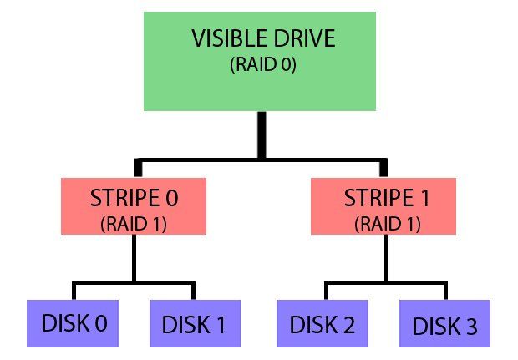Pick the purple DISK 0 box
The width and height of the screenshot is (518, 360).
pos(73,322)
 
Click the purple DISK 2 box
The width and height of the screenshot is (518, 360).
pos(322,322)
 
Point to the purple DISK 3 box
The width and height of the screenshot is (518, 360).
pos(446,323)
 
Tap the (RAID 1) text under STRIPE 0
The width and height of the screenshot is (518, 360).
pos(135,223)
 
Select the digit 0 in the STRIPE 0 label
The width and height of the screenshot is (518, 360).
pos(174,202)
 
